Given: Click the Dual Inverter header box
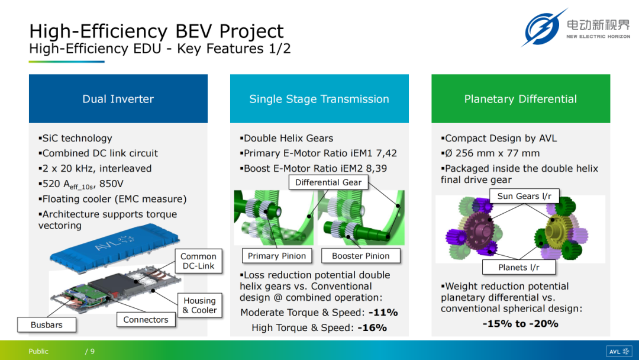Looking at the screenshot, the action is (118, 99).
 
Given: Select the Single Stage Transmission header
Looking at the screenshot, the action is (319, 99).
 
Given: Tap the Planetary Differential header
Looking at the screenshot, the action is (521, 99).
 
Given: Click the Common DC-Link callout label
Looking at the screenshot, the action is (198, 261).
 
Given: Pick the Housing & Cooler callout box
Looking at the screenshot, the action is (200, 306).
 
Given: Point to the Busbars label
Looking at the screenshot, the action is (47, 325).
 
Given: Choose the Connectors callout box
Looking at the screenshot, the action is (146, 320).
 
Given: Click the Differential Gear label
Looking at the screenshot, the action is (328, 182).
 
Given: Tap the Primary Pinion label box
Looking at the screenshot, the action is (277, 256).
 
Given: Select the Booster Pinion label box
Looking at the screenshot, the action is (361, 256).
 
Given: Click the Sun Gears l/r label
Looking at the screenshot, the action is (524, 196).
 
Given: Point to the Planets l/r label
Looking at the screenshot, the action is (519, 268).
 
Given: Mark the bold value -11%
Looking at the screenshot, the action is (383, 313).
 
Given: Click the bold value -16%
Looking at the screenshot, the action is (372, 328).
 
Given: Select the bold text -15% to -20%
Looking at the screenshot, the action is (521, 324).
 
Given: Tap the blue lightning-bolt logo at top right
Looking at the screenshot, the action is (543, 28).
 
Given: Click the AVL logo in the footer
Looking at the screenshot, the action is (619, 352).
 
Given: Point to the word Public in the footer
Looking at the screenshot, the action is (38, 352).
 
